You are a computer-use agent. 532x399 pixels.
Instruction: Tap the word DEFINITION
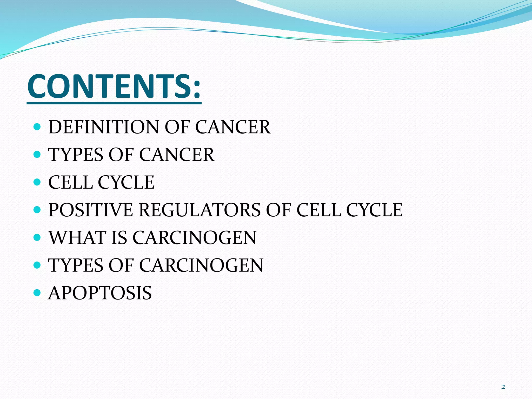tap(103, 127)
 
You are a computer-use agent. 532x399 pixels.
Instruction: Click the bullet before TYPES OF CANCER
tap(37, 155)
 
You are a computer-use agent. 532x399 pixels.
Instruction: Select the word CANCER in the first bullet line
tap(232, 127)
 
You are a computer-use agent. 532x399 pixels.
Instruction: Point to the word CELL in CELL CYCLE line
tap(70, 182)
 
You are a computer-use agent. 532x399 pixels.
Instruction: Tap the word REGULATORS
tap(199, 210)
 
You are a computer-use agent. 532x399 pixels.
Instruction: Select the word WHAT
tap(77, 237)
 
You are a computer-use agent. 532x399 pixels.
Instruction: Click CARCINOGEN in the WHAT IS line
tap(195, 237)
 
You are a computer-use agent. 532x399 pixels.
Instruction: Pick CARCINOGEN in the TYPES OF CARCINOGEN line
tap(201, 265)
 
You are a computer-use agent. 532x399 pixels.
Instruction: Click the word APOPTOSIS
tap(100, 293)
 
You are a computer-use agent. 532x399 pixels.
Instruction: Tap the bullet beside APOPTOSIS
tap(37, 293)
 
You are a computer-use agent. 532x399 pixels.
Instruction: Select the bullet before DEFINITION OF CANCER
tap(37, 127)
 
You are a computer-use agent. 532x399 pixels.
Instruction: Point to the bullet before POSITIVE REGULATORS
tap(37, 210)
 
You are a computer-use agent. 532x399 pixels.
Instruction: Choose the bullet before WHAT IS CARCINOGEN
tap(37, 237)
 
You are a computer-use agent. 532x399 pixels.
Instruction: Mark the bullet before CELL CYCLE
tap(37, 182)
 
